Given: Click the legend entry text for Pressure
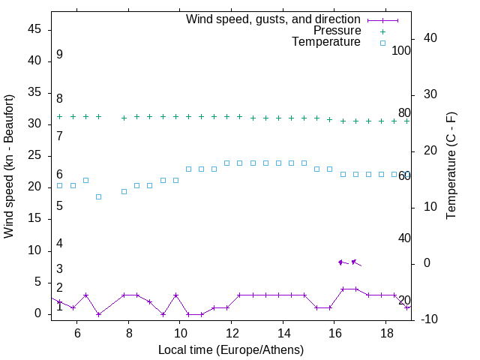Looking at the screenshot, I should click(337, 31).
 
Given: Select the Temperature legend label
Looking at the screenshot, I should click(326, 43).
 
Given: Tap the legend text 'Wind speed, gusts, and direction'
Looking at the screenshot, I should click(273, 19).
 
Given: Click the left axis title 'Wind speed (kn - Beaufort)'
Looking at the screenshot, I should click(9, 166).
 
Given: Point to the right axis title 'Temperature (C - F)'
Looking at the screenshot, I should click(451, 166).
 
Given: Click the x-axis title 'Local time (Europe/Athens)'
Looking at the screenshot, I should click(231, 350).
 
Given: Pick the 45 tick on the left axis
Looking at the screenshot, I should click(35, 28).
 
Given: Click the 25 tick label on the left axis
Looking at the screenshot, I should click(35, 155).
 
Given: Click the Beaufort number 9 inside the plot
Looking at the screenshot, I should click(59, 55).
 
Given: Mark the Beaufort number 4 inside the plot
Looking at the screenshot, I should click(59, 244).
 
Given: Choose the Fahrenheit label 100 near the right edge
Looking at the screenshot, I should click(402, 51).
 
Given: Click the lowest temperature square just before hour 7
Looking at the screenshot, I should click(98, 196).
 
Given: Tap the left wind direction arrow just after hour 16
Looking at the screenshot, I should click(343, 262).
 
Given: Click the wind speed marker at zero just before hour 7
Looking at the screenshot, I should click(98, 314).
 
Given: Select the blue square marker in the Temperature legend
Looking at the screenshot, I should click(382, 43).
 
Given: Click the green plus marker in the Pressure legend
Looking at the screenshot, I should click(382, 31).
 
